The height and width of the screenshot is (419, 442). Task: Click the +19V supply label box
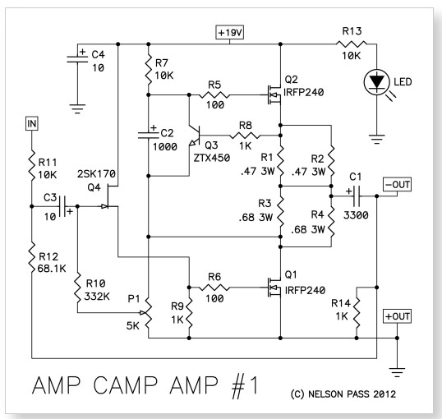pyautogui.click(x=229, y=32)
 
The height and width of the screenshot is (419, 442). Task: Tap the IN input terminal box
pyautogui.click(x=31, y=123)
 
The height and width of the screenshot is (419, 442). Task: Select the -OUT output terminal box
pyautogui.click(x=397, y=184)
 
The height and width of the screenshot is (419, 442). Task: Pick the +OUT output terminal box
pyautogui.click(x=397, y=316)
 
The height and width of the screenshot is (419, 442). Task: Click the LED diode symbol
pyautogui.click(x=376, y=82)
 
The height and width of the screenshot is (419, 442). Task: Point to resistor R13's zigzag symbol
pyautogui.click(x=352, y=44)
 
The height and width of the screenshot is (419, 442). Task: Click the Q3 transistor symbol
pyautogui.click(x=196, y=136)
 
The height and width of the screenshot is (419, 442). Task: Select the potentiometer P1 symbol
pyautogui.click(x=147, y=313)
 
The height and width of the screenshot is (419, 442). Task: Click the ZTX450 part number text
pyautogui.click(x=212, y=158)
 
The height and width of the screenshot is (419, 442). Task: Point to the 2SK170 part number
pyautogui.click(x=96, y=173)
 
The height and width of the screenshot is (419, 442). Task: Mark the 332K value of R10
pyautogui.click(x=97, y=297)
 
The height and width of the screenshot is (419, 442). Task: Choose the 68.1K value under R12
pyautogui.click(x=52, y=269)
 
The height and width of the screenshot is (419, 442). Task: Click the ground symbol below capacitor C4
pyautogui.click(x=77, y=108)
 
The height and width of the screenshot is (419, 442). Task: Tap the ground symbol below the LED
pyautogui.click(x=376, y=140)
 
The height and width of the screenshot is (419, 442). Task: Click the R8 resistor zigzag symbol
pyautogui.click(x=245, y=136)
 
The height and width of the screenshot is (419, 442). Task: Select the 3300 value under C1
pyautogui.click(x=356, y=215)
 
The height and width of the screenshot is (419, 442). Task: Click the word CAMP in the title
pyautogui.click(x=125, y=384)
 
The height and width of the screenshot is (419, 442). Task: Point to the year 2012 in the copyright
pyautogui.click(x=384, y=394)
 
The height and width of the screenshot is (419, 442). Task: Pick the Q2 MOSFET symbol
pyautogui.click(x=274, y=94)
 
